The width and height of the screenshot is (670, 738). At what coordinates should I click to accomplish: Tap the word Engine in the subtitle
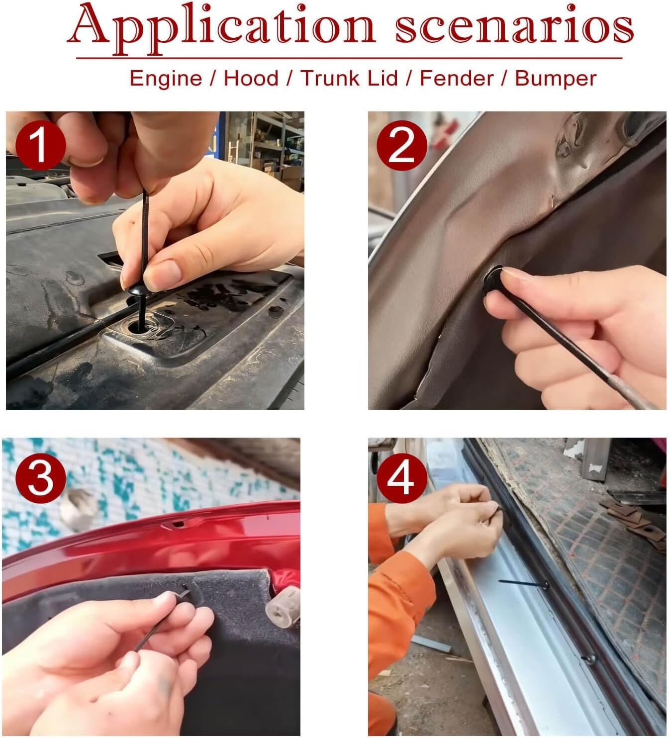point(166,79)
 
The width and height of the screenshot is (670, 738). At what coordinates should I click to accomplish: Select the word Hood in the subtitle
point(251,78)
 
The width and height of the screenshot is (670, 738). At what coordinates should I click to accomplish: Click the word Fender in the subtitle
point(457,78)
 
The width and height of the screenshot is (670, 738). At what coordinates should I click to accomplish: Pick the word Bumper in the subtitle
point(556,79)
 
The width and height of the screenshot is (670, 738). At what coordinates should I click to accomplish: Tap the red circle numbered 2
point(401,146)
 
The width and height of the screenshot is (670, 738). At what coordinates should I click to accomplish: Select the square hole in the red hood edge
point(178,524)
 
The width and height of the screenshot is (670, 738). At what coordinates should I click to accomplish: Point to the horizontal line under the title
point(349,58)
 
